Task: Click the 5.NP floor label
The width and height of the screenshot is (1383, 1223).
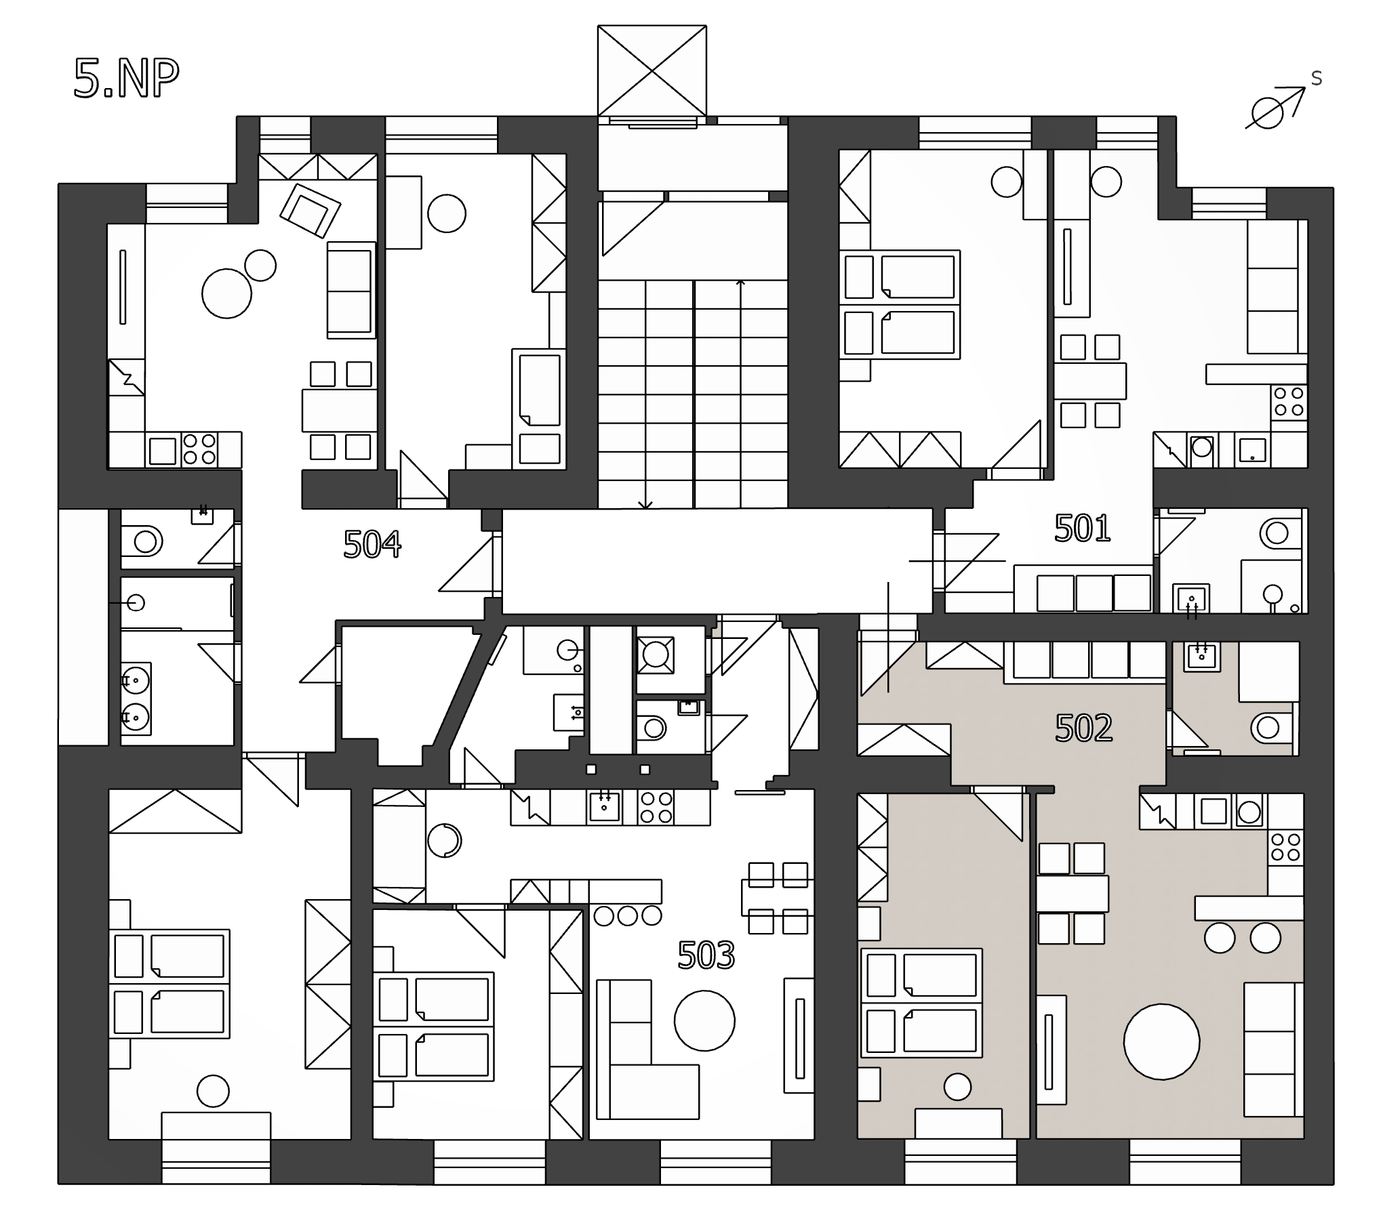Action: (126, 79)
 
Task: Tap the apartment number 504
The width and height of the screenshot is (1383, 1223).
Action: (372, 544)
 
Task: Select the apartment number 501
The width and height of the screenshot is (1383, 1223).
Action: (1083, 528)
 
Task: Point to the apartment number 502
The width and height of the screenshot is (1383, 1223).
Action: (1084, 728)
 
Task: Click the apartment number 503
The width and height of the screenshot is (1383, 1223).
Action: (706, 955)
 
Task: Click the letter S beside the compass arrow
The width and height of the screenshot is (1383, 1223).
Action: (1317, 79)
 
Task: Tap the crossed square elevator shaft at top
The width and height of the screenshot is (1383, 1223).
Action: (652, 70)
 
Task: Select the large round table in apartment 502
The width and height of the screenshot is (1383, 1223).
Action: (1161, 1041)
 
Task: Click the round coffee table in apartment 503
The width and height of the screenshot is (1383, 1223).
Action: (704, 1020)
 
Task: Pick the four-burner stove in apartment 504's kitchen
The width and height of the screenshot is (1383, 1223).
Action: (199, 449)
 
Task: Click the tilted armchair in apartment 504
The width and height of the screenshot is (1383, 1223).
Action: (310, 210)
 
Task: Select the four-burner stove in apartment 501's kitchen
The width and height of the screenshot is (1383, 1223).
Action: (1288, 402)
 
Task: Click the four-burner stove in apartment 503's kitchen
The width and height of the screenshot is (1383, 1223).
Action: (656, 808)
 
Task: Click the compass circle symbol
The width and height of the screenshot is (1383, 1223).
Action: (1265, 112)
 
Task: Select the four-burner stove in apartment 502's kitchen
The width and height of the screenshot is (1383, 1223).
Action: (1286, 847)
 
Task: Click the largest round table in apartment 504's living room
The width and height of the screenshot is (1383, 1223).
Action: (226, 293)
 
